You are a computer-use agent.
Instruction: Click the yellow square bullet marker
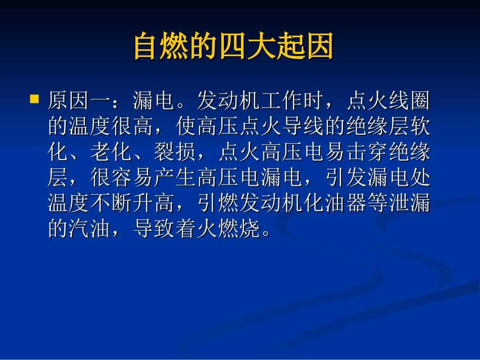(34, 99)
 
